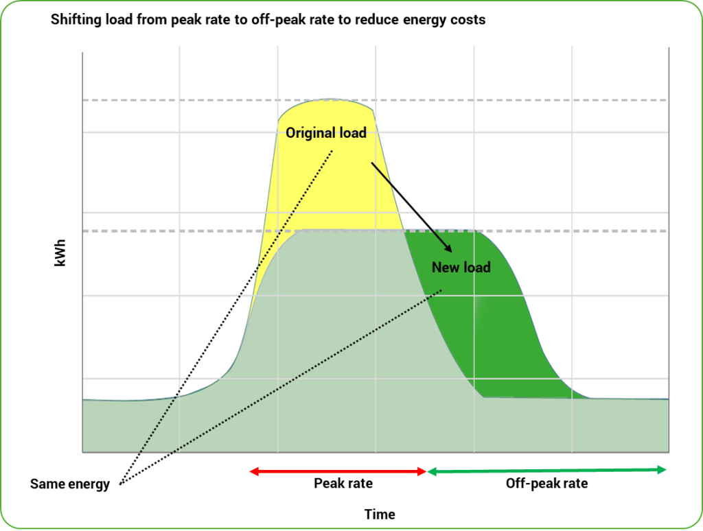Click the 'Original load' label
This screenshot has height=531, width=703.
tap(326, 133)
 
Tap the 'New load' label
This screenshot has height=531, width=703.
tap(461, 267)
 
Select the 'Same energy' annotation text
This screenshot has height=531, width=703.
tap(70, 484)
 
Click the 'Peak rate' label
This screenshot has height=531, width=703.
tap(343, 483)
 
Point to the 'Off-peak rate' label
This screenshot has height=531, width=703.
tap(546, 483)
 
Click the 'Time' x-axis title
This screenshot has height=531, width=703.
tap(380, 515)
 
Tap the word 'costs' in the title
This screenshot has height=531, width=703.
tap(468, 20)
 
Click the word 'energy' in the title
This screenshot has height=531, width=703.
tap(422, 20)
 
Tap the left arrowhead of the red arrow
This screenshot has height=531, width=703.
tap(253, 471)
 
